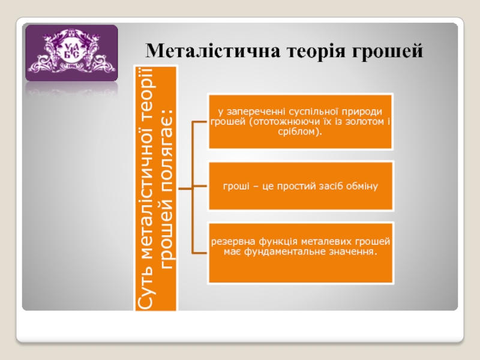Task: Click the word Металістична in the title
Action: click(213, 50)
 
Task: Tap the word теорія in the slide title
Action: click(316, 52)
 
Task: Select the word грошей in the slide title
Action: click(387, 52)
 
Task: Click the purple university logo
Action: click(71, 53)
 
